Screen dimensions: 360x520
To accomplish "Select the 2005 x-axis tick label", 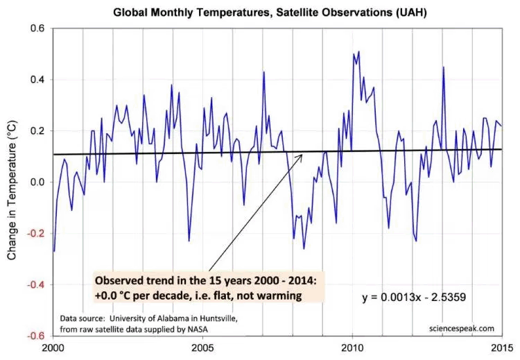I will (202, 348).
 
